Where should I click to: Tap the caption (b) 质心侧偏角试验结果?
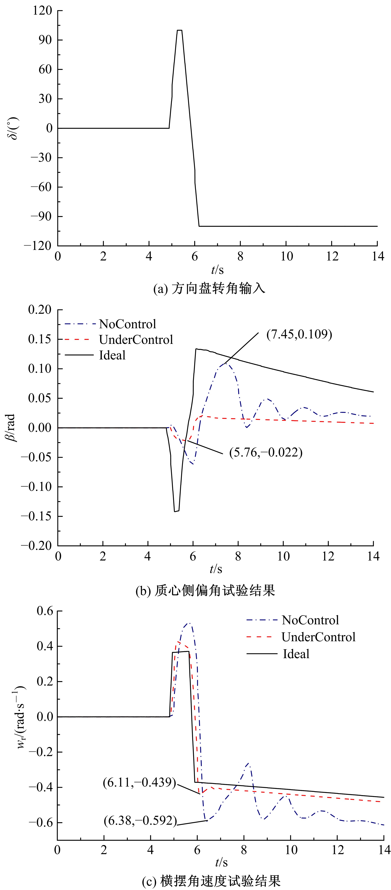coord(205,590)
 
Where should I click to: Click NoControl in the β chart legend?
coord(127,324)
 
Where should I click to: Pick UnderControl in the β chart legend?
coord(136,340)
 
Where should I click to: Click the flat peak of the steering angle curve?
coord(179,30)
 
